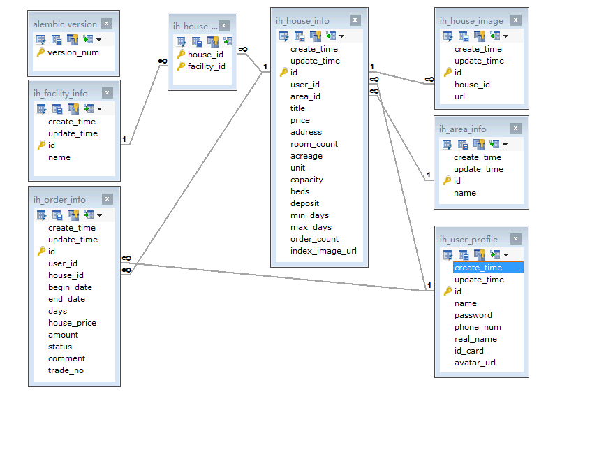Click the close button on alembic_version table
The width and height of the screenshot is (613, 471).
(x=106, y=24)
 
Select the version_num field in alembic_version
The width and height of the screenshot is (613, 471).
(x=73, y=52)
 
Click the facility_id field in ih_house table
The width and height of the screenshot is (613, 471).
(x=206, y=66)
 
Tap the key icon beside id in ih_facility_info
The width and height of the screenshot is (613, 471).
(x=41, y=145)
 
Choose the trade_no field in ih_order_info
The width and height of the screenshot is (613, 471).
(x=66, y=370)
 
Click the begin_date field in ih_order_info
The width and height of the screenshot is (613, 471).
(x=70, y=287)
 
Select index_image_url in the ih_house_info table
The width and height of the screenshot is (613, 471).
(x=323, y=251)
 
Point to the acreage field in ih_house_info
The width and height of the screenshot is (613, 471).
(x=306, y=156)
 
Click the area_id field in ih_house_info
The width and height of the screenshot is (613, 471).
(x=305, y=96)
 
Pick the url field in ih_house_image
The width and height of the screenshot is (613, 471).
(x=459, y=96)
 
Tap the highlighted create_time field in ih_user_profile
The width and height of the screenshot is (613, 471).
(x=478, y=268)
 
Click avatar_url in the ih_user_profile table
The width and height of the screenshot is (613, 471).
(x=475, y=363)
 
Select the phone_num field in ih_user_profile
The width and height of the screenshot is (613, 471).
(x=478, y=327)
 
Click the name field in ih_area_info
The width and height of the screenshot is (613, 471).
(x=464, y=193)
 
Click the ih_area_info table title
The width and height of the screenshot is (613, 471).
(x=463, y=129)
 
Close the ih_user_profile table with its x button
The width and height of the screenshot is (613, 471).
(x=515, y=239)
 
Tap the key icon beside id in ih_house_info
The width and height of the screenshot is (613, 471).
(x=283, y=73)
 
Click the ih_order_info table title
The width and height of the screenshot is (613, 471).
(x=59, y=200)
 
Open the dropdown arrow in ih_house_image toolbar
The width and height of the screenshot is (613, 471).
(x=505, y=36)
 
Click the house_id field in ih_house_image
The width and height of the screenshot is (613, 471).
(x=472, y=85)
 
